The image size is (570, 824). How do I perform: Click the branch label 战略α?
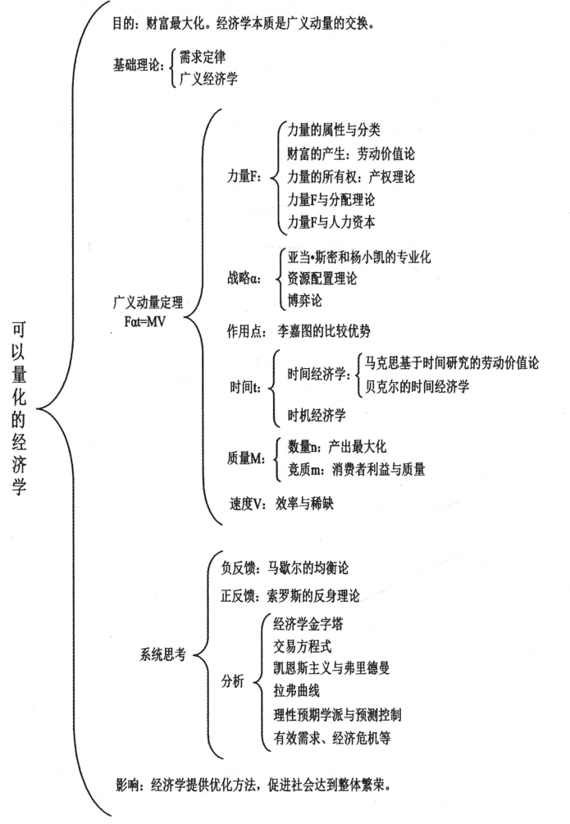(244, 279)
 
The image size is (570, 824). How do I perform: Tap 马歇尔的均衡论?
(314, 567)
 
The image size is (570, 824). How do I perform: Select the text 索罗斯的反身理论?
(314, 596)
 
